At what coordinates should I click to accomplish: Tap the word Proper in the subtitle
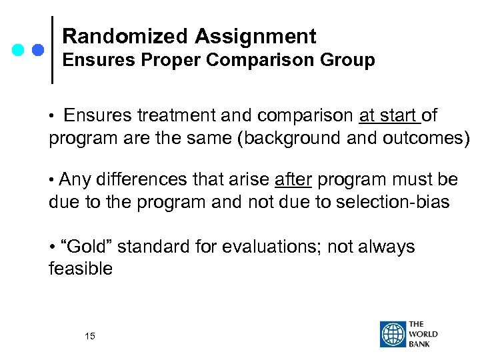tap(170, 61)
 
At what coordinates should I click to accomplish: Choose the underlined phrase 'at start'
tap(389, 116)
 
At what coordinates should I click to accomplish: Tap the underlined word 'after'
tap(293, 180)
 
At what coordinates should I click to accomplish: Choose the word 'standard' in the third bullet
tap(161, 247)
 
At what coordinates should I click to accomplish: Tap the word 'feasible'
tap(81, 269)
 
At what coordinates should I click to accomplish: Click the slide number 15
tap(90, 337)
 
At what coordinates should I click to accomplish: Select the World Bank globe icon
tap(393, 334)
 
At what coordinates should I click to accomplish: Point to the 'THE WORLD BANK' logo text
tap(424, 334)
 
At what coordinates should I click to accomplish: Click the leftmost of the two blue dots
tap(19, 50)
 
